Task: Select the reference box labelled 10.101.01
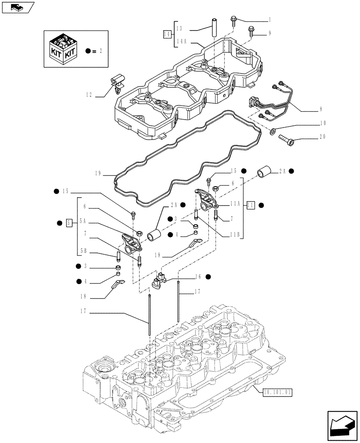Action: pyautogui.click(x=278, y=392)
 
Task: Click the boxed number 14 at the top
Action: pyautogui.click(x=167, y=34)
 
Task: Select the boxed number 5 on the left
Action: pyautogui.click(x=69, y=222)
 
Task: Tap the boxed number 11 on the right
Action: pyautogui.click(x=250, y=205)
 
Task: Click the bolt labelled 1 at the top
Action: pyautogui.click(x=233, y=19)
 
